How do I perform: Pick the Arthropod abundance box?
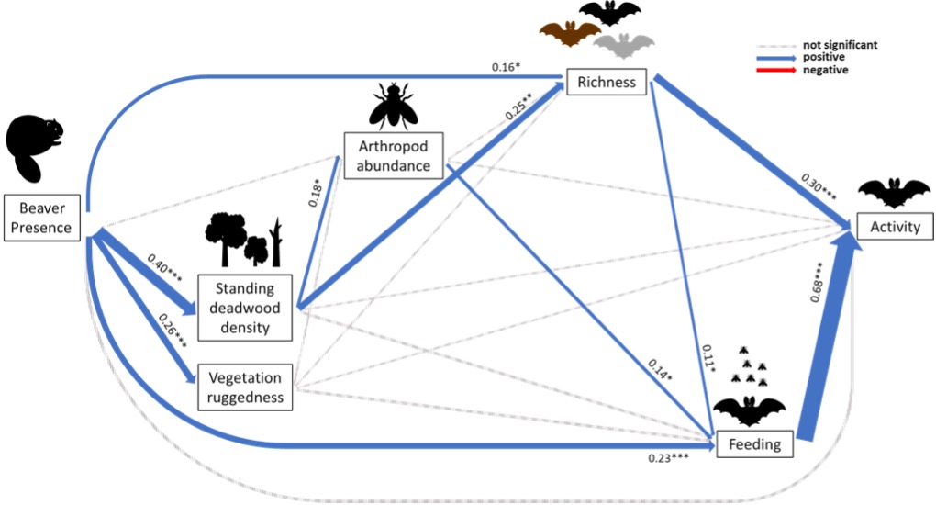[x=394, y=153]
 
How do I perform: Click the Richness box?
[x=607, y=83]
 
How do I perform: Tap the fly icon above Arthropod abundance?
[x=394, y=104]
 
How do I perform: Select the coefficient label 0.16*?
[x=507, y=66]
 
